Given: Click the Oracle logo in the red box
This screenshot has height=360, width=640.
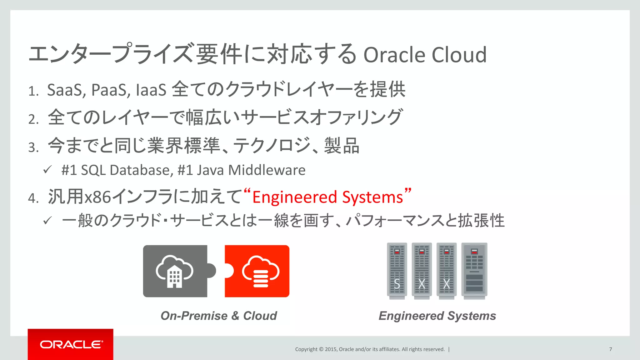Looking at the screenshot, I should pyautogui.click(x=71, y=344).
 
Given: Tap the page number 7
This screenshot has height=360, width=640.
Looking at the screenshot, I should pyautogui.click(x=610, y=349).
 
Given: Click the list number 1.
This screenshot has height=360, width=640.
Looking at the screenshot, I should pyautogui.click(x=32, y=92).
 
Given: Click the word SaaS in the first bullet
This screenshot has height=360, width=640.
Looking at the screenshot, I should pyautogui.click(x=64, y=90).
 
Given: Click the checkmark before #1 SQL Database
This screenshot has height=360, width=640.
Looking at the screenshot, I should pyautogui.click(x=47, y=170).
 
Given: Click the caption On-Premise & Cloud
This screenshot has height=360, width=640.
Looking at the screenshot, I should pyautogui.click(x=218, y=316).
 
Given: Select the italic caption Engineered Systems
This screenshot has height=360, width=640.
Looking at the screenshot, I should pyautogui.click(x=437, y=316).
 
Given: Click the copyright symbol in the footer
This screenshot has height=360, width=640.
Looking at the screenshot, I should pyautogui.click(x=321, y=349).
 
